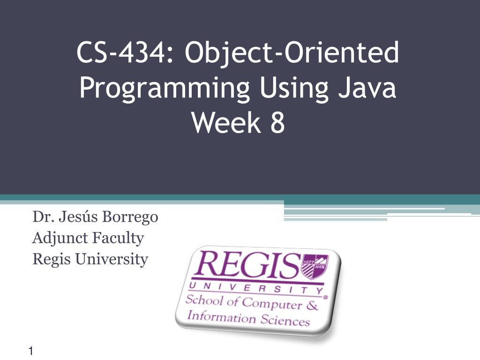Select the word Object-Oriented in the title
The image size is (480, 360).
(x=292, y=53)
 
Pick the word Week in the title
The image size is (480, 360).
(x=226, y=122)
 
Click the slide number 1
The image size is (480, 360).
(x=31, y=351)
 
